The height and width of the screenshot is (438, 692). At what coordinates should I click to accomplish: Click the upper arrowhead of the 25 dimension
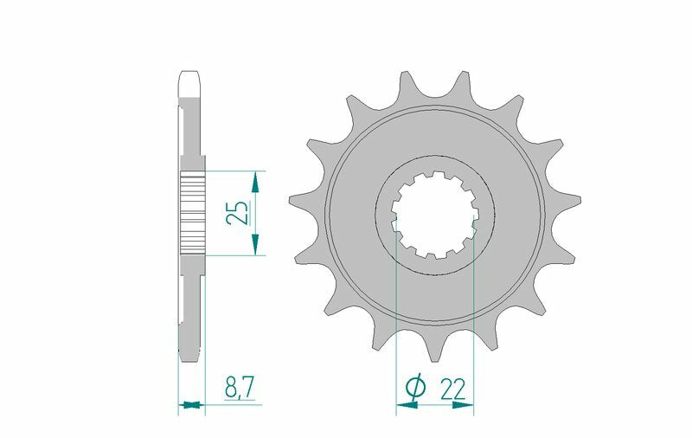coord(254,180)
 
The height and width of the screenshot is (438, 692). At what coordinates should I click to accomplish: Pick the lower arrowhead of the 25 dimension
coord(254,245)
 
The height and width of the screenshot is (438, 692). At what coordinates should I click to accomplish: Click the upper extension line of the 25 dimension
coord(234,170)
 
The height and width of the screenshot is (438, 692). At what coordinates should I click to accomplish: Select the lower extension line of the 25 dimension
coord(234,255)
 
